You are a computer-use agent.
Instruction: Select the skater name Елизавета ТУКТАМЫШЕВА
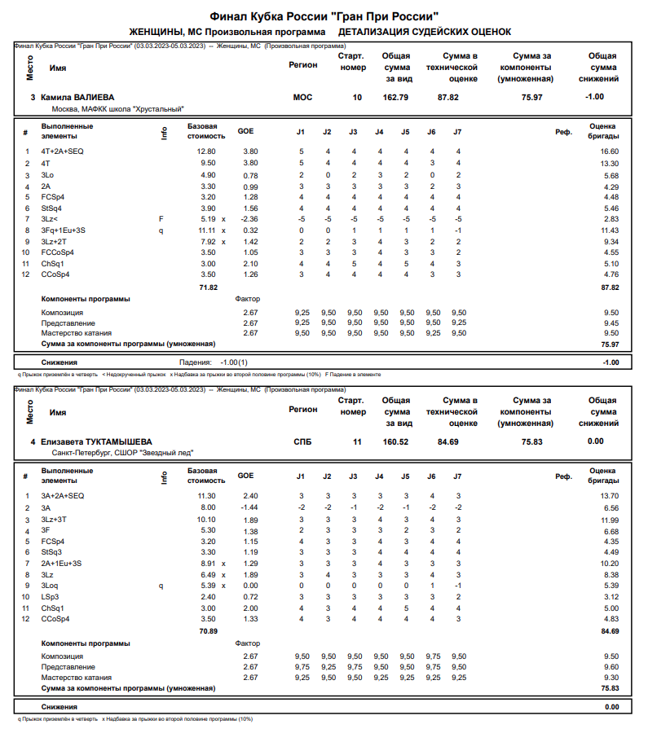point(96,441)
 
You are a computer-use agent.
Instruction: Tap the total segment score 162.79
point(395,97)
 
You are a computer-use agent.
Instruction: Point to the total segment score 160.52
point(395,441)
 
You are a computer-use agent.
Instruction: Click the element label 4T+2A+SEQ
point(63,151)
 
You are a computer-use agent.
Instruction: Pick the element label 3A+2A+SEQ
point(63,495)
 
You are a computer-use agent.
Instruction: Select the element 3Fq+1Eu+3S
point(64,230)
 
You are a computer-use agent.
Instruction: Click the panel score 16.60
point(609,151)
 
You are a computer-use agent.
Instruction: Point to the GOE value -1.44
point(248,507)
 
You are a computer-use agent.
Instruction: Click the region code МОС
point(302,97)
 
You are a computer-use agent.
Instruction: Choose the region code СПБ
point(302,441)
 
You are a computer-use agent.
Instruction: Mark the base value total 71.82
point(209,287)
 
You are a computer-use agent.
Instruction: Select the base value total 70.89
point(209,630)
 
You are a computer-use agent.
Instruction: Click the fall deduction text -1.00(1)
point(232,362)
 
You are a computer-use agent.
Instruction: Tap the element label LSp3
point(51,597)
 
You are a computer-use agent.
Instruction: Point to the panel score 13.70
point(609,495)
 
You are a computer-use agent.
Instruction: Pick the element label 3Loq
point(51,586)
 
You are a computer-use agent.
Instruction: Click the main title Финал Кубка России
point(324,15)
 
